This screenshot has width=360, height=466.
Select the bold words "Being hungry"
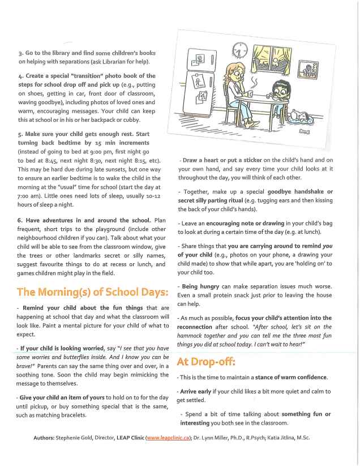click(200, 287)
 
